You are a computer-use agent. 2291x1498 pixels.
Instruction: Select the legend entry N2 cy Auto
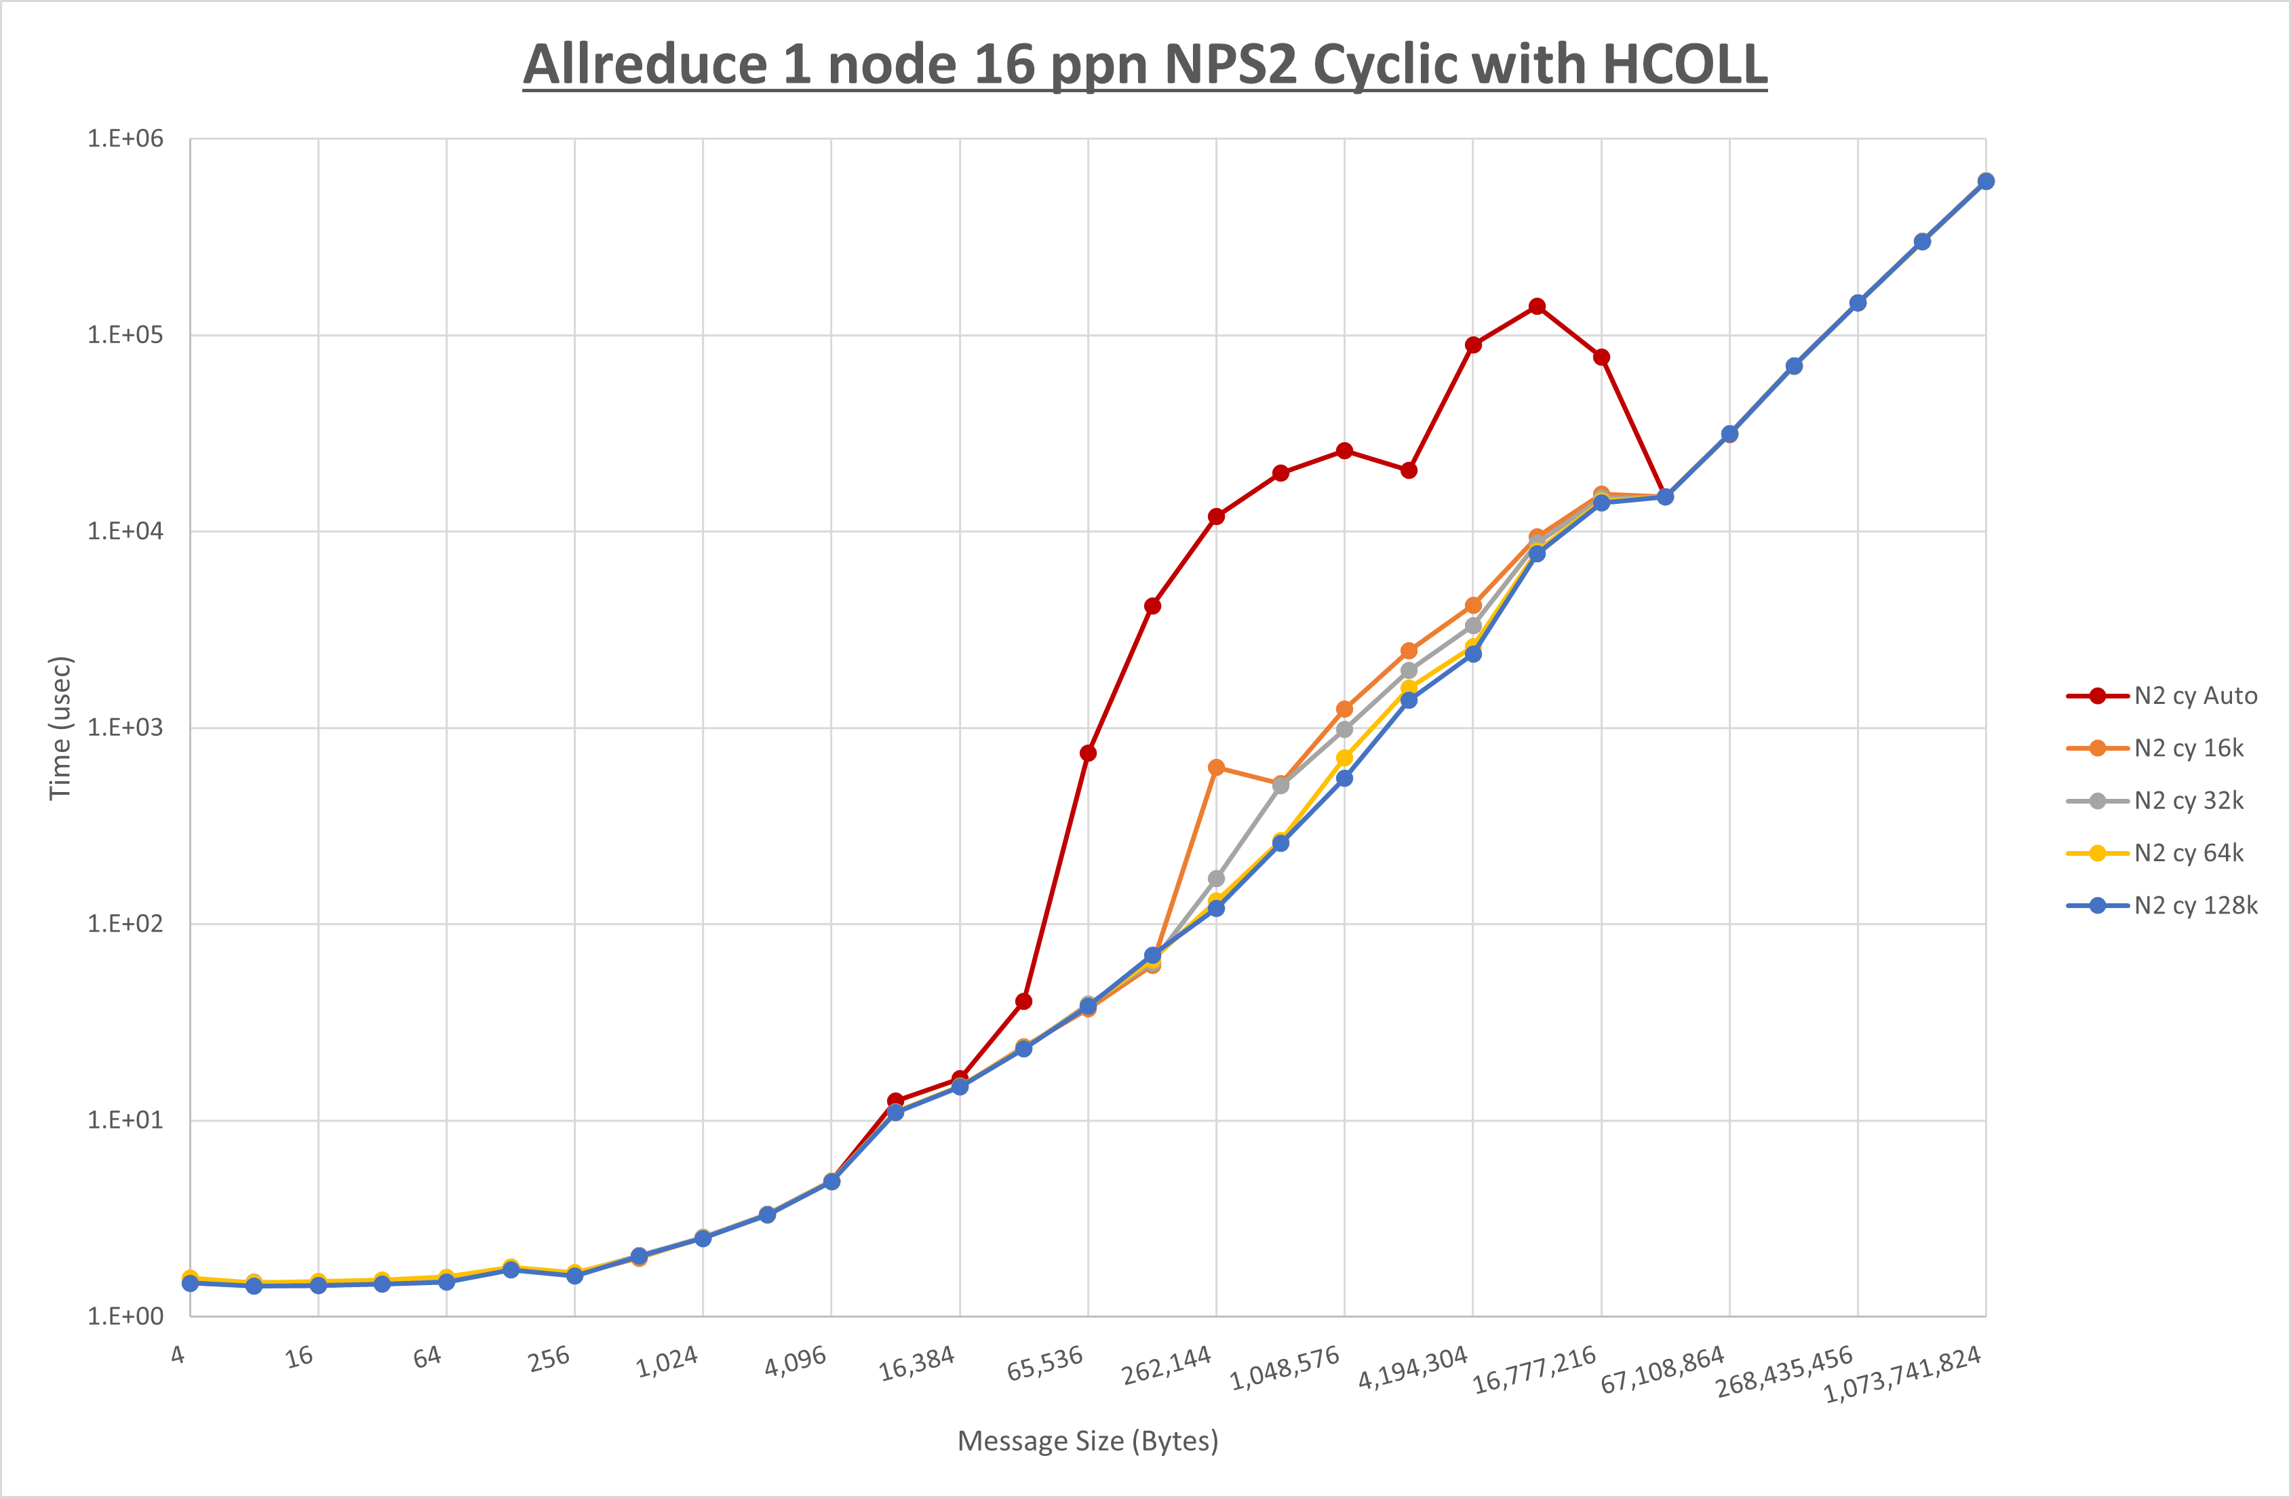click(x=2195, y=695)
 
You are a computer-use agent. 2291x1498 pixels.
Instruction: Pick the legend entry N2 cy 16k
click(x=2188, y=748)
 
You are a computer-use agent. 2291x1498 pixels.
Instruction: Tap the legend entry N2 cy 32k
click(x=2188, y=800)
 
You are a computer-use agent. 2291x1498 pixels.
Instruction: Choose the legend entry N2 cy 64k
click(x=2188, y=853)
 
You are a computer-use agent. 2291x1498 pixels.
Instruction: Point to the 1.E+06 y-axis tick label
click(x=125, y=138)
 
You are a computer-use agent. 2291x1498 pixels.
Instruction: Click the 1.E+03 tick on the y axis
click(x=125, y=727)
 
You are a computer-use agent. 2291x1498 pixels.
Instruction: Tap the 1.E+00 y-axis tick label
click(x=125, y=1316)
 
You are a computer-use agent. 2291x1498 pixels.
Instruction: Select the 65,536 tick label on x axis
click(x=1045, y=1363)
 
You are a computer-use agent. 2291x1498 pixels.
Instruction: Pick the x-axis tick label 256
click(x=549, y=1358)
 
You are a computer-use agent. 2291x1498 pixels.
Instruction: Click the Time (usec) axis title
click(x=60, y=728)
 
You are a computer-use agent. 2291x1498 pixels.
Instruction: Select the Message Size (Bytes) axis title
click(x=1088, y=1441)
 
